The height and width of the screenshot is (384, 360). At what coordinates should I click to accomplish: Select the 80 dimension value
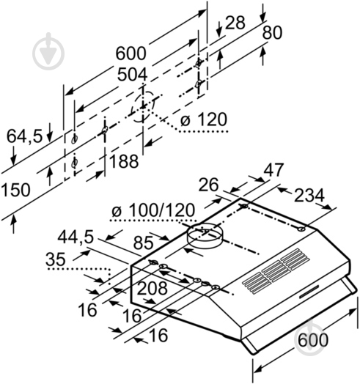click(x=272, y=33)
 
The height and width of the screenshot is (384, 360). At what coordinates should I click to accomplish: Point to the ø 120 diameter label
click(x=202, y=119)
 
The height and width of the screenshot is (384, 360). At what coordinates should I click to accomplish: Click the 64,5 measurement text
click(x=23, y=136)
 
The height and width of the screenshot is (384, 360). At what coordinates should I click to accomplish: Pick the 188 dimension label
click(x=124, y=160)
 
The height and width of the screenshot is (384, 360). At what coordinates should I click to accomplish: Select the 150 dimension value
click(x=16, y=190)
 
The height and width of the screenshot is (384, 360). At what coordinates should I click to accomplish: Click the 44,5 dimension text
click(x=77, y=237)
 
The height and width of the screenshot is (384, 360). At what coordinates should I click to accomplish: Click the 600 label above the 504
click(x=131, y=53)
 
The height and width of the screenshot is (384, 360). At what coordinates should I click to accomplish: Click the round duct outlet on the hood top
click(x=205, y=236)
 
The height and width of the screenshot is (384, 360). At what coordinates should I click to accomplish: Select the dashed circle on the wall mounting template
click(x=144, y=106)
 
